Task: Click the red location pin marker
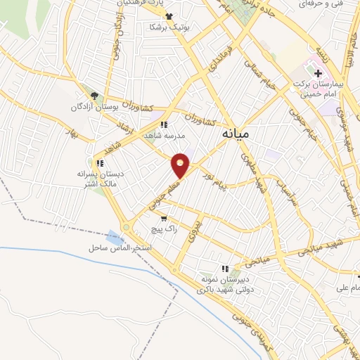(181, 165)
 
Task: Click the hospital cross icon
(318, 73)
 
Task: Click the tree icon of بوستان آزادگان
(94, 96)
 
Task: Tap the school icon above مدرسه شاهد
(164, 124)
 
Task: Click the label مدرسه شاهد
(165, 135)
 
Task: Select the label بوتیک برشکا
(166, 27)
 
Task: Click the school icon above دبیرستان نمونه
(225, 268)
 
